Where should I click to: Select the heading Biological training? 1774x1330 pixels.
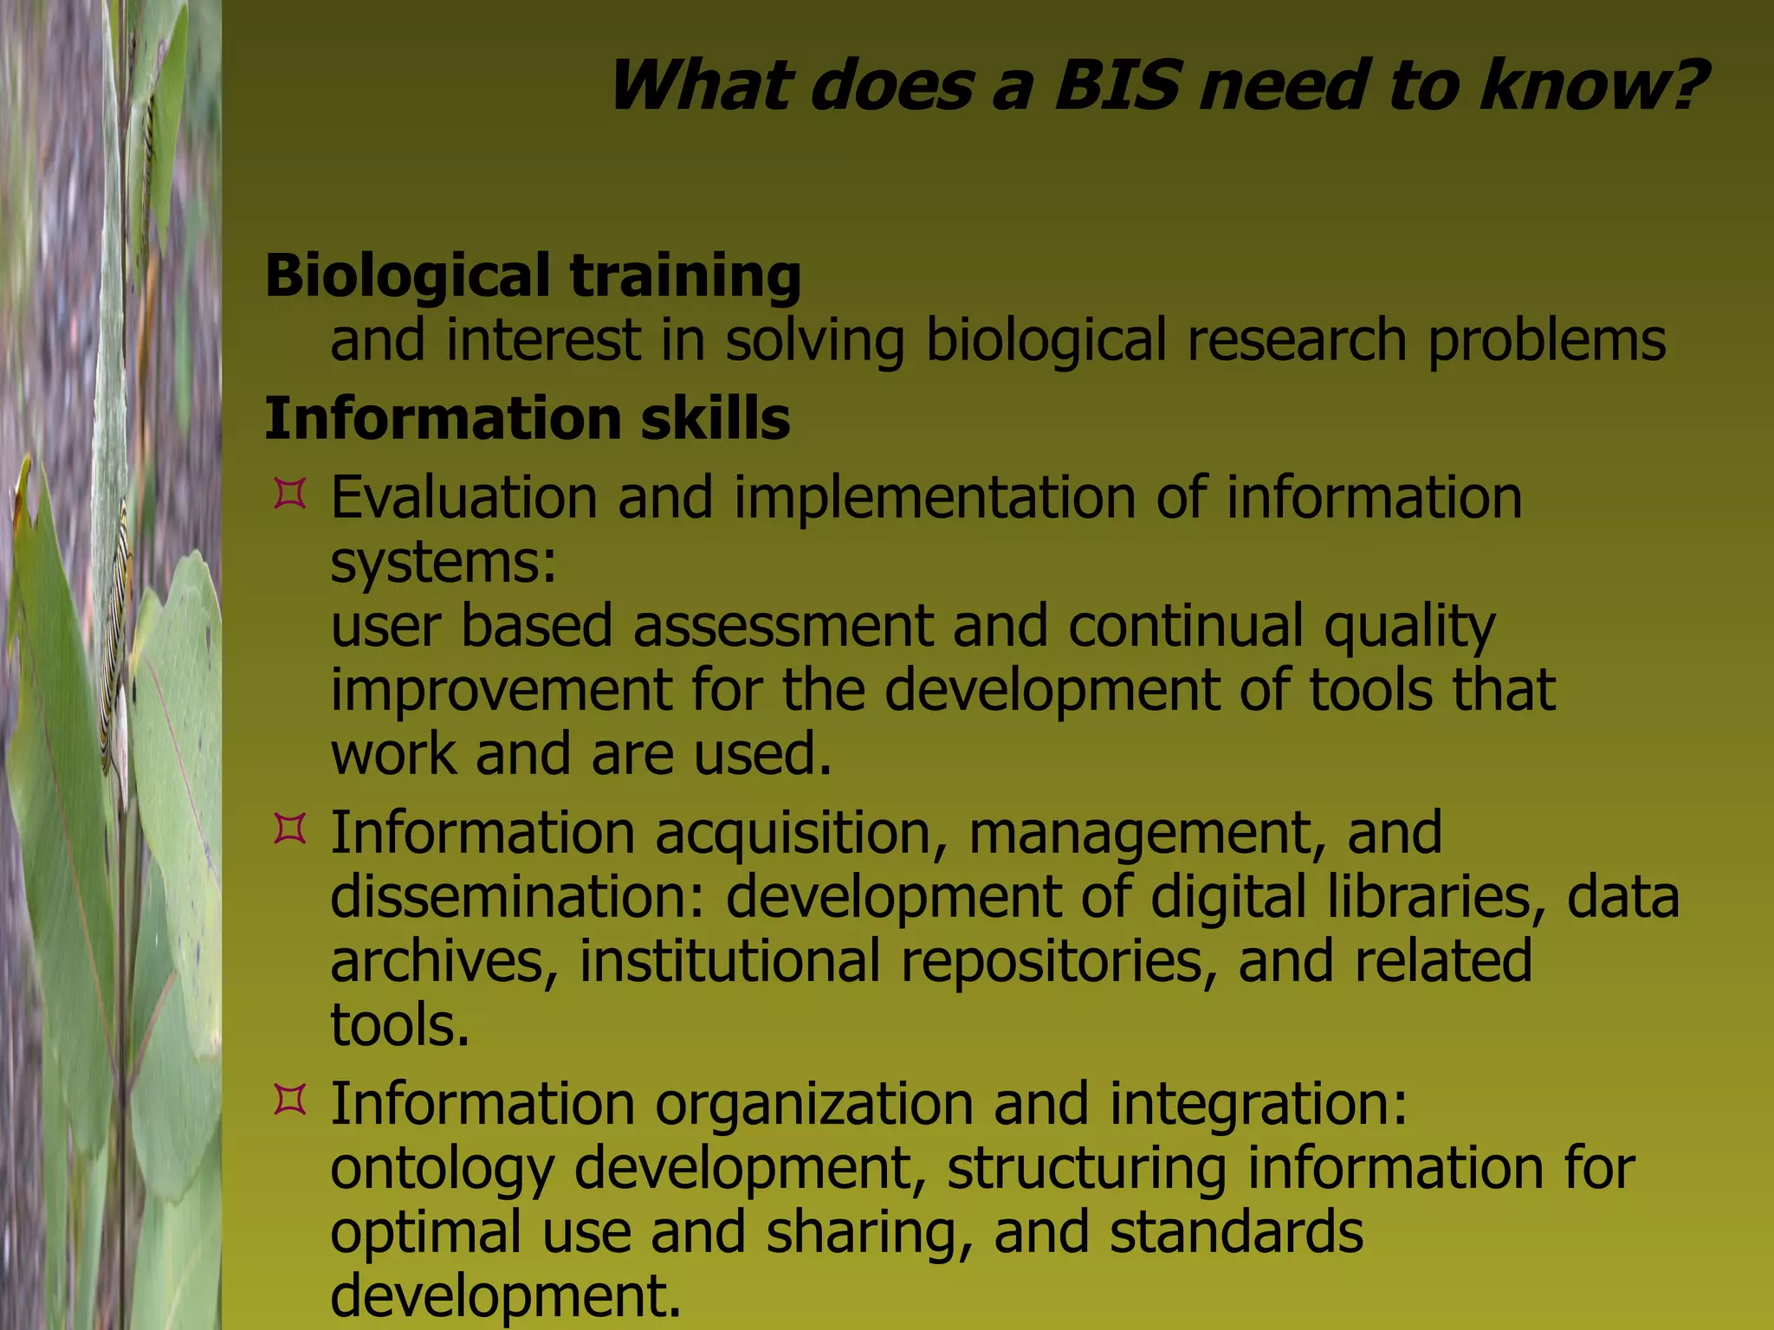point(533,275)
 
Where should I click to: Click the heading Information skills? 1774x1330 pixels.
point(527,419)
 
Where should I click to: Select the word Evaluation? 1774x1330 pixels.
point(463,499)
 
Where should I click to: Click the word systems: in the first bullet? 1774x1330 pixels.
point(443,563)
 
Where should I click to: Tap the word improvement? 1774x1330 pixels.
point(501,691)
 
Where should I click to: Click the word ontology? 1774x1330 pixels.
point(442,1169)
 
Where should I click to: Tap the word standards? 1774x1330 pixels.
point(1236,1232)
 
